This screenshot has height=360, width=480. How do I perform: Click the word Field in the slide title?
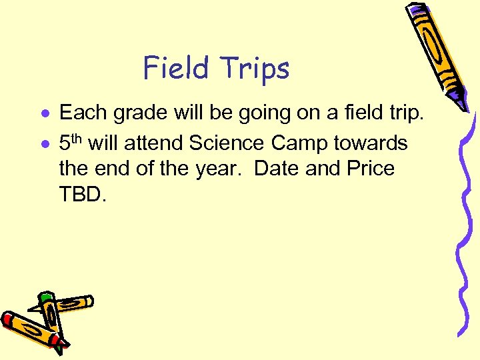pyautogui.click(x=175, y=69)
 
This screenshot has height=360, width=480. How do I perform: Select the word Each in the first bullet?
pyautogui.click(x=84, y=113)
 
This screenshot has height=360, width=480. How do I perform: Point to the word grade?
pyautogui.click(x=139, y=114)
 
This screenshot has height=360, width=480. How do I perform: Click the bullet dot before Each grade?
pyautogui.click(x=44, y=114)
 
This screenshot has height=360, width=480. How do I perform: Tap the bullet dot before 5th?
pyautogui.click(x=44, y=143)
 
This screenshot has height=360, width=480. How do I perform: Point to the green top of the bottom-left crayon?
pyautogui.click(x=46, y=298)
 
